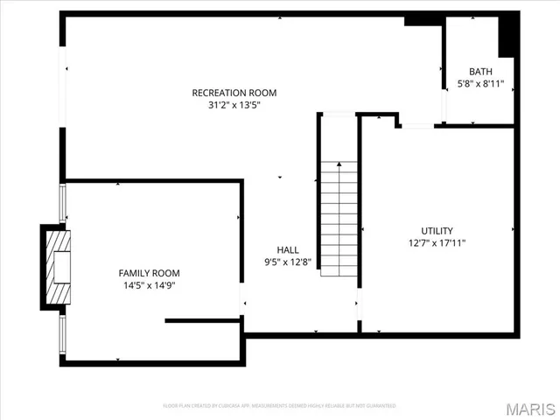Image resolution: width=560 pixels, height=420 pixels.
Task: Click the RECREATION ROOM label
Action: click(234, 93)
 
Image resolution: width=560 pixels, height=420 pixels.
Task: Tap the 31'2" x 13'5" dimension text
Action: click(234, 105)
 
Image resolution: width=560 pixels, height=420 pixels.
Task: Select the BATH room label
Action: click(480, 72)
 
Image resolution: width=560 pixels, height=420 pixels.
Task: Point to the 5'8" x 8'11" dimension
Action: click(480, 84)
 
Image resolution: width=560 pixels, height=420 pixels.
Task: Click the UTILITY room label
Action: click(437, 231)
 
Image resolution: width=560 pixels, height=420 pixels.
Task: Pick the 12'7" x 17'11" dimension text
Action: click(437, 243)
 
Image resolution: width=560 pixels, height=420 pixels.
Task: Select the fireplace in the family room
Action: click(56, 267)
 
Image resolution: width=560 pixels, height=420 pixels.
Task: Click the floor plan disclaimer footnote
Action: click(280, 406)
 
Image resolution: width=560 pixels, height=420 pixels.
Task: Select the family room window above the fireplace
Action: click(61, 204)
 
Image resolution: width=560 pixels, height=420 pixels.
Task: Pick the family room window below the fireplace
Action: click(61, 335)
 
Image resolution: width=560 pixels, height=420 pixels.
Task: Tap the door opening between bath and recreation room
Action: click(444, 94)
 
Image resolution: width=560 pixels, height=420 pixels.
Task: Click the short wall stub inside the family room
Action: click(200, 320)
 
